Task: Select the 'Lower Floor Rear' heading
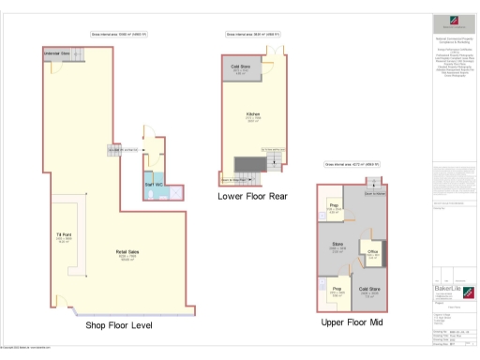point(251,197)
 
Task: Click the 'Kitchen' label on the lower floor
point(252,116)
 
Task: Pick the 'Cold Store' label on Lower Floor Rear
point(238,67)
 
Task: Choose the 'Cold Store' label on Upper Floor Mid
point(368,291)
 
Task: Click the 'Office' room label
point(372,253)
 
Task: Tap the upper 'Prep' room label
point(333,206)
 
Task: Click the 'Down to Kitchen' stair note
point(374,194)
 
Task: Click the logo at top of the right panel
point(453,22)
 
